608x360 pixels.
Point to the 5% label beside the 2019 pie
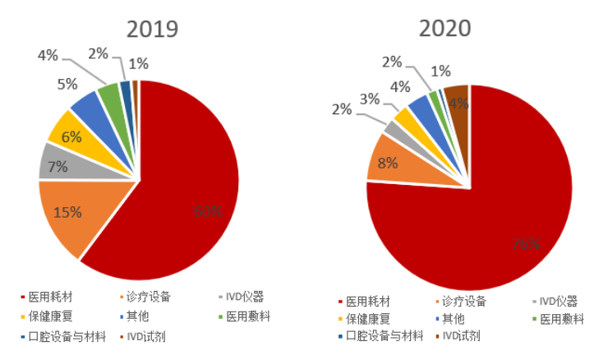pyautogui.click(x=67, y=83)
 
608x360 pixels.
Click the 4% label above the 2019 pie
pyautogui.click(x=48, y=56)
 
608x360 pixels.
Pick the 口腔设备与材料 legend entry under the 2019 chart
pyautogui.click(x=62, y=336)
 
